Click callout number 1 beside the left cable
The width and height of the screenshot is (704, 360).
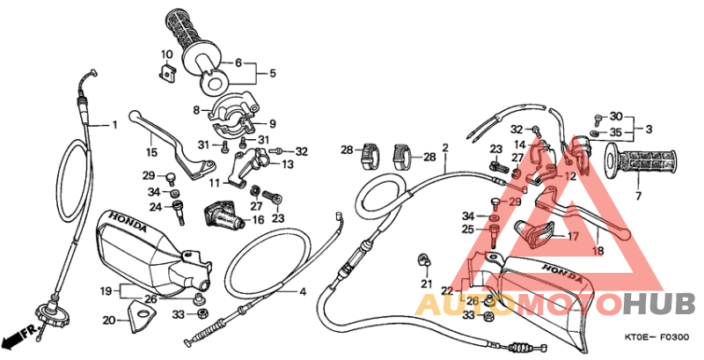(x=114, y=124)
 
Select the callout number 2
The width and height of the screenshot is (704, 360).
(x=445, y=147)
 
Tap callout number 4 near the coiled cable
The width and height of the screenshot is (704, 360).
(x=302, y=291)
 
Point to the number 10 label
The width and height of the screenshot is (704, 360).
(x=165, y=55)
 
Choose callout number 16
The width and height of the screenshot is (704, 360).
(x=259, y=219)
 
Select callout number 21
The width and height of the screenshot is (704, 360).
(x=426, y=283)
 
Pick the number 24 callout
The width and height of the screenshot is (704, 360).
(x=155, y=208)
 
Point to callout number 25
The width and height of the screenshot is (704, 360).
(x=467, y=230)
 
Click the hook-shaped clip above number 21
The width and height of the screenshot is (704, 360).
(x=423, y=260)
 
